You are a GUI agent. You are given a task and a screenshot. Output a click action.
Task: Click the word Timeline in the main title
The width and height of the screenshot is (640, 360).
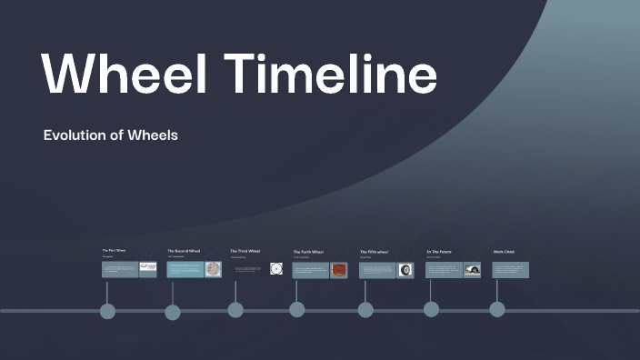click(x=331, y=72)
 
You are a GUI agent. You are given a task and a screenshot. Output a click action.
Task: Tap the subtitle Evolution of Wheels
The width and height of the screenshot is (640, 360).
click(x=110, y=135)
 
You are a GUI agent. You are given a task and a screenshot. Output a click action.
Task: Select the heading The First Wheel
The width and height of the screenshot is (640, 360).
click(x=114, y=250)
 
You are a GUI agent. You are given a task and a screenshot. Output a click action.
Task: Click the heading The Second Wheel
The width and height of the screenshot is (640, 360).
click(x=184, y=251)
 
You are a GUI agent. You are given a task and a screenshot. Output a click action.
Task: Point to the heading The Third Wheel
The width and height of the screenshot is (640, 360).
click(x=245, y=251)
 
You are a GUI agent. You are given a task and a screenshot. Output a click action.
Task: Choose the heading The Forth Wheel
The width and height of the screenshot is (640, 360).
click(x=308, y=252)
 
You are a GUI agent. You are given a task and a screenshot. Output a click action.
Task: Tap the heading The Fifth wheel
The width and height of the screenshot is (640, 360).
click(x=374, y=252)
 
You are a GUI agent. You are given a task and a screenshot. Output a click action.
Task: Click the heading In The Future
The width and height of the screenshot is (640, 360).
click(x=439, y=252)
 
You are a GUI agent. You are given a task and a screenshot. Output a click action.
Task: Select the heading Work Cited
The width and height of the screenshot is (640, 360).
click(x=504, y=252)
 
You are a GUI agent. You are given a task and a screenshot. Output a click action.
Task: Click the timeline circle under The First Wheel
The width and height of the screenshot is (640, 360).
click(x=107, y=312)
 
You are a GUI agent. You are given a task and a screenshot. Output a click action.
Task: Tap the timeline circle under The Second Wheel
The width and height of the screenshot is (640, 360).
click(x=173, y=313)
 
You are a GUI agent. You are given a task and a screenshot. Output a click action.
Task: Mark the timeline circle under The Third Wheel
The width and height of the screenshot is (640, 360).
click(x=235, y=310)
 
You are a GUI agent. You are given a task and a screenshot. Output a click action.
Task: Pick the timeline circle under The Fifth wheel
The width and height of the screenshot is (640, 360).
click(x=365, y=310)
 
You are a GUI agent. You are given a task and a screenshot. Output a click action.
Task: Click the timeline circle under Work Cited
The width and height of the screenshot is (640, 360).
click(x=497, y=309)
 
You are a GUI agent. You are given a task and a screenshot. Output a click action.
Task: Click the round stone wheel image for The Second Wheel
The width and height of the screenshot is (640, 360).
click(x=213, y=269)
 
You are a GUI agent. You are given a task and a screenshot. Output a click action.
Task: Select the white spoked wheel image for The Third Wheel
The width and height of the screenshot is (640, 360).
click(x=276, y=269)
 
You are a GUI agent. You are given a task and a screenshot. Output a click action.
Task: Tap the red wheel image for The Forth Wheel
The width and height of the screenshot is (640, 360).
click(x=338, y=270)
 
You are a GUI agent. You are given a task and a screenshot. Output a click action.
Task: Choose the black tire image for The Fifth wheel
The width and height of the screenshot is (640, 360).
click(x=405, y=270)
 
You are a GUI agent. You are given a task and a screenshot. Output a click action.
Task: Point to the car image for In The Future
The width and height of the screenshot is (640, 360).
click(x=472, y=270)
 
